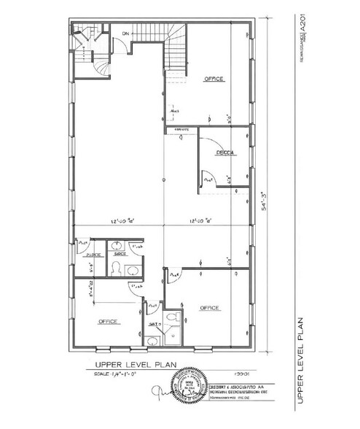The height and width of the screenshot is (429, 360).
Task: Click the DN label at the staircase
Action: [x=125, y=34]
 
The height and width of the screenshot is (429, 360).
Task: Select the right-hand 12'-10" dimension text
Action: [x=202, y=220]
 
